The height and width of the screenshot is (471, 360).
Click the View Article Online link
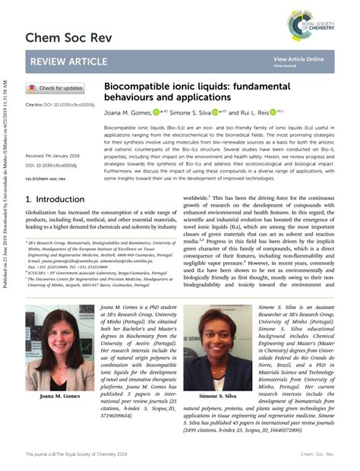[x=298, y=58]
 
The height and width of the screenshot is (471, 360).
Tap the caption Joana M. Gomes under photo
[x=60, y=397]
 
